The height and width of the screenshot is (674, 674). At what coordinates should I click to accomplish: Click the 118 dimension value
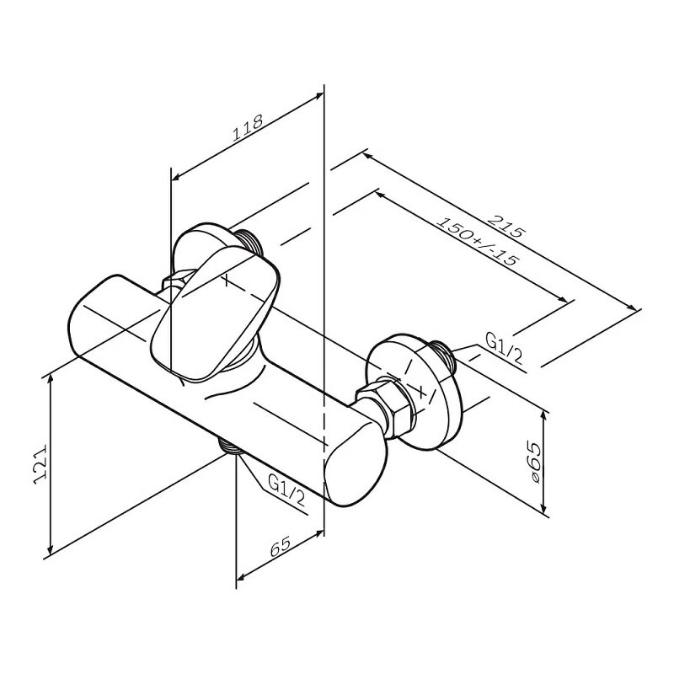tap(248, 128)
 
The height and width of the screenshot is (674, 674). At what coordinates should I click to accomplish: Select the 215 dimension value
tap(506, 226)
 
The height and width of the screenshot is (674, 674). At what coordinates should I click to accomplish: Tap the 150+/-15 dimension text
tap(478, 242)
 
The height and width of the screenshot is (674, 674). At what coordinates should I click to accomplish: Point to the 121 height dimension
tap(40, 466)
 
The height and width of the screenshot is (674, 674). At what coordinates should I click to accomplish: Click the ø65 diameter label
tap(534, 462)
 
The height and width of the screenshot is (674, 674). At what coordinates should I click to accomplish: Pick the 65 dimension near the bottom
tap(281, 546)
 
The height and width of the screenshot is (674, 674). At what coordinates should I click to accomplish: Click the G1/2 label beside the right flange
tap(504, 348)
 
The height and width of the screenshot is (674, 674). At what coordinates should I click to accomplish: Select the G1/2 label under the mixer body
tap(286, 489)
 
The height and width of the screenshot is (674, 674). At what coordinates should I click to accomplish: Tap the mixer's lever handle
tap(215, 313)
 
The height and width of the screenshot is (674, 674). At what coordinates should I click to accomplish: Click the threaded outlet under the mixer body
tap(231, 446)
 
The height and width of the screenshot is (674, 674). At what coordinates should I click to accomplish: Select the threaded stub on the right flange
tap(443, 355)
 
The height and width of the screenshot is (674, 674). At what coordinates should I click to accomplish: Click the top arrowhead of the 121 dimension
tap(51, 378)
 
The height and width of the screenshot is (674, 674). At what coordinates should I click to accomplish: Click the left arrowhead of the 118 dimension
tap(176, 176)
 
